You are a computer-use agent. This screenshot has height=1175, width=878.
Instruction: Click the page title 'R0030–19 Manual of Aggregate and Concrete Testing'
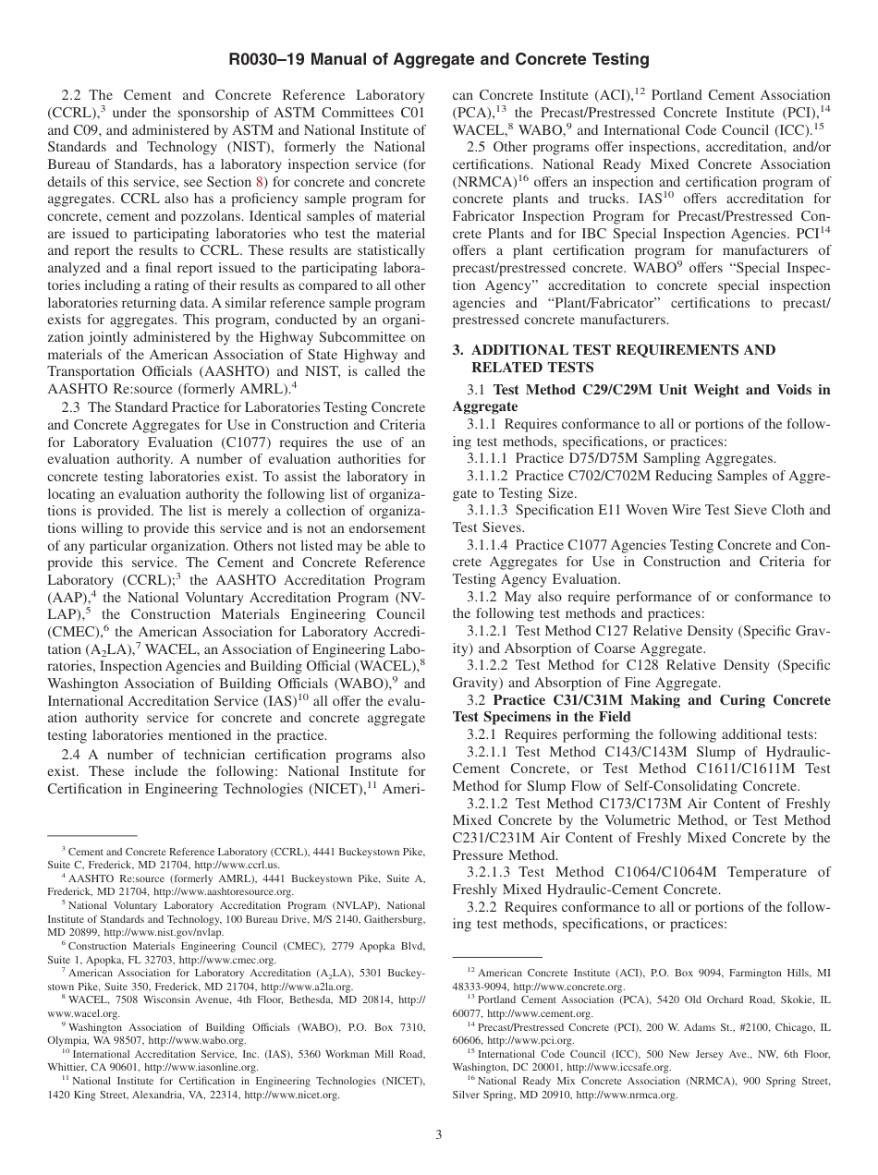439,60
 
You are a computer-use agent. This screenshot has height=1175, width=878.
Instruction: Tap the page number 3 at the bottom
439,1134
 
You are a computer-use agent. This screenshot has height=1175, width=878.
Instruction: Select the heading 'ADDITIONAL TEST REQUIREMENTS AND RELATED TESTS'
614,358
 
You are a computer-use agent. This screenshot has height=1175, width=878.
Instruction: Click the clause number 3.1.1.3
487,510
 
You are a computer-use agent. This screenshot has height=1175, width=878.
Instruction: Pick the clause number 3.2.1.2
487,804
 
